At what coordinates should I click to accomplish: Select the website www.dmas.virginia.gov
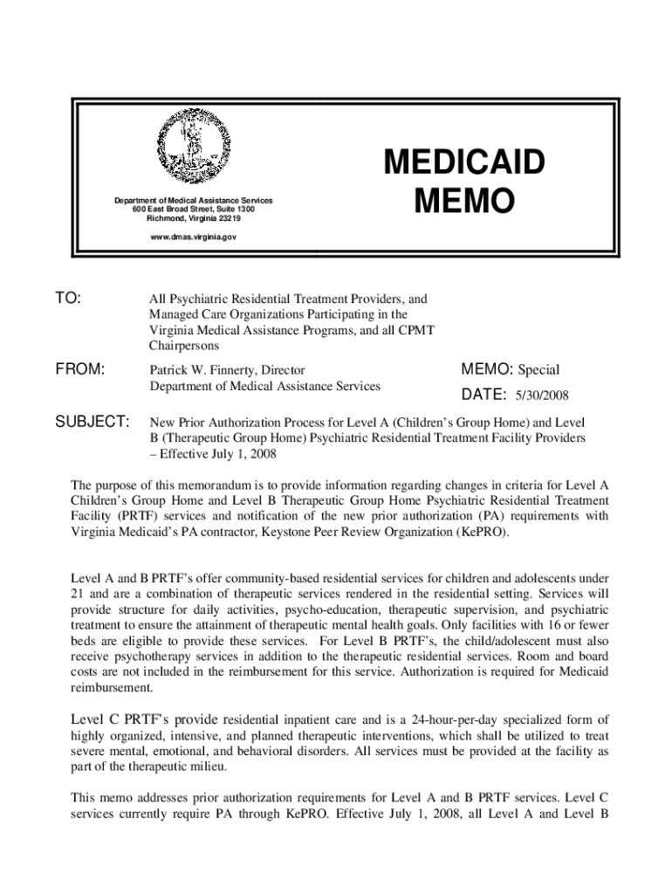click(x=192, y=237)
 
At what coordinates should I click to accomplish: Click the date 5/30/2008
click(x=542, y=395)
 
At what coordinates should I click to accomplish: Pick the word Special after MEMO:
click(x=538, y=369)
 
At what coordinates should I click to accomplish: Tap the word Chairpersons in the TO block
click(x=185, y=346)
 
